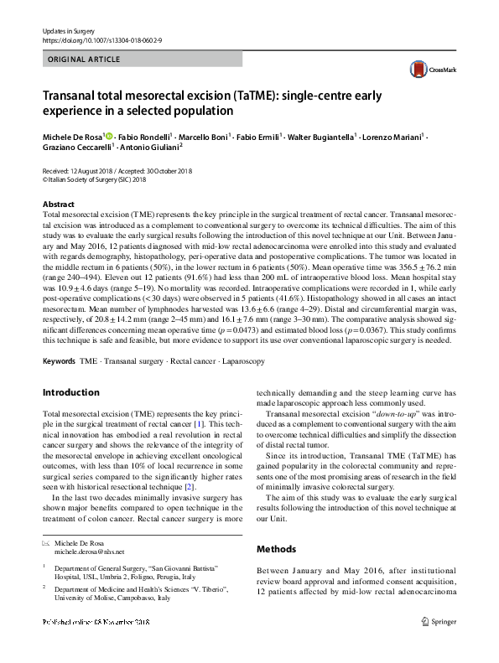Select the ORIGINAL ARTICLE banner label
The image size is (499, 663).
click(x=84, y=60)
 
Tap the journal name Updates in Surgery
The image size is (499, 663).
click(x=67, y=30)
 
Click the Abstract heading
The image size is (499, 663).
click(x=58, y=205)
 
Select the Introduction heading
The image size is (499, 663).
click(x=71, y=391)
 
